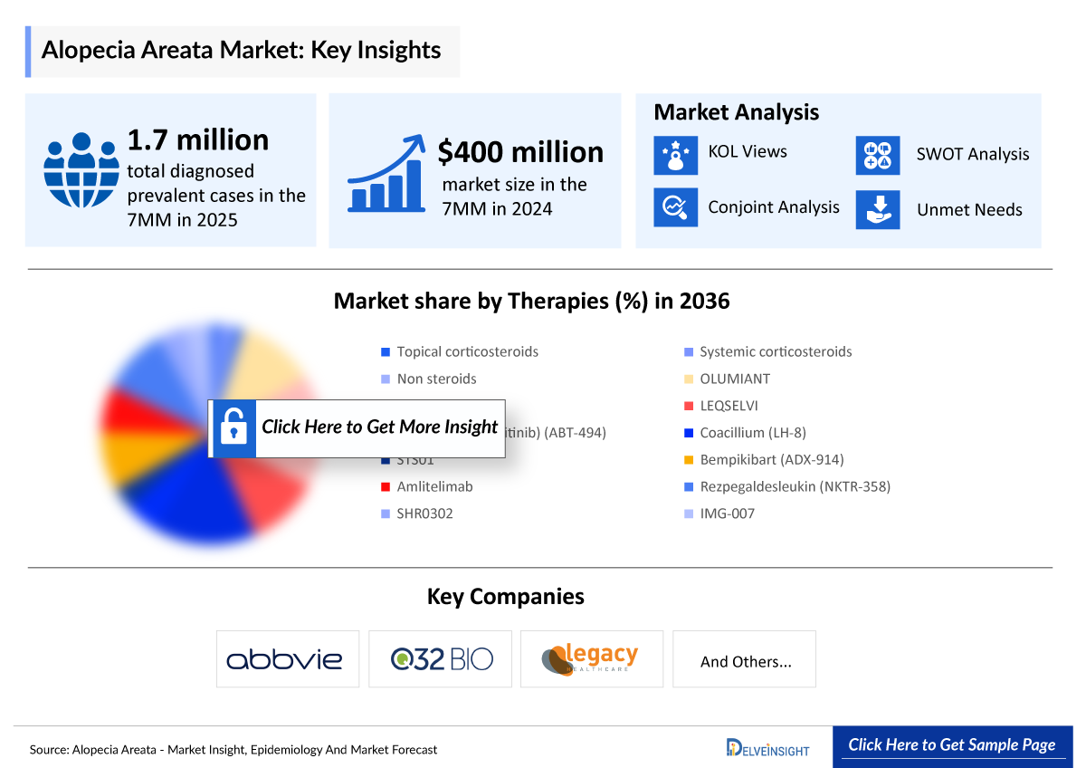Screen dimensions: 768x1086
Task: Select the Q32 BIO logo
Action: (441, 658)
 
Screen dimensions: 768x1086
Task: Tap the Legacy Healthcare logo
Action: (592, 658)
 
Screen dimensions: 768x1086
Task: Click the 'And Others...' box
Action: (745, 661)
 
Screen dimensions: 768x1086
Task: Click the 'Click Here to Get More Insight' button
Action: (357, 427)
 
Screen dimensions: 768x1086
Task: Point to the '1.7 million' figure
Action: (197, 140)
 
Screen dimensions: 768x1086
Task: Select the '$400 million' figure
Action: (520, 152)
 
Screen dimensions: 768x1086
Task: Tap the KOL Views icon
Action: (675, 153)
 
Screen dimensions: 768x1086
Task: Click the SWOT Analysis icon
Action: (878, 155)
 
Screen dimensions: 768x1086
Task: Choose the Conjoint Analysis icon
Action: (675, 207)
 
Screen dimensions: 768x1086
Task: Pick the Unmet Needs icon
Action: (878, 209)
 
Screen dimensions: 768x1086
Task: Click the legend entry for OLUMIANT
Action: (734, 379)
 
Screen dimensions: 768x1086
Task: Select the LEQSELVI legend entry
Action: (728, 406)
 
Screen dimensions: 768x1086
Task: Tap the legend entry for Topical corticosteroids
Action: (467, 351)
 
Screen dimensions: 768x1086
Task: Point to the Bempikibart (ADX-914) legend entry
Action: (771, 459)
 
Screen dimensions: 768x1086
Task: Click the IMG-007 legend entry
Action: (726, 514)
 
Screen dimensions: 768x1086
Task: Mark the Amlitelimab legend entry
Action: (434, 486)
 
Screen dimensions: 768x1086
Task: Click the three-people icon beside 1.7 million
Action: (81, 170)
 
